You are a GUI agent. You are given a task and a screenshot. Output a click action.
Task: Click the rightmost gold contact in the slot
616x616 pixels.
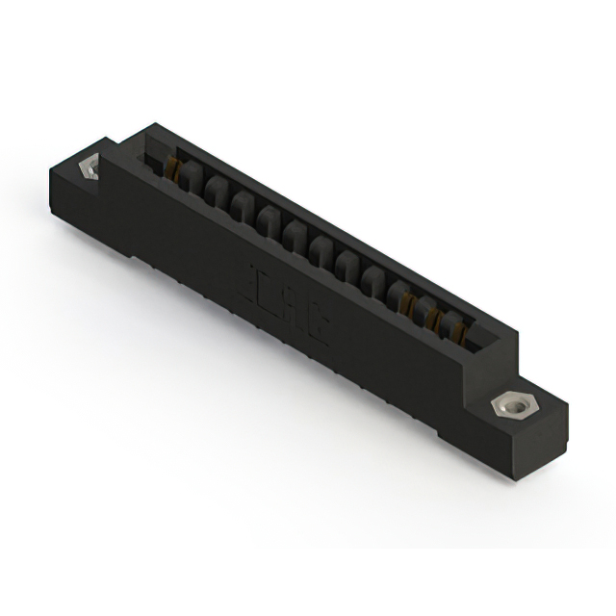pos(460,332)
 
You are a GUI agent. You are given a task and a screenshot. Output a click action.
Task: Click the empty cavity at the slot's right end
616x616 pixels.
pos(481,342)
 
